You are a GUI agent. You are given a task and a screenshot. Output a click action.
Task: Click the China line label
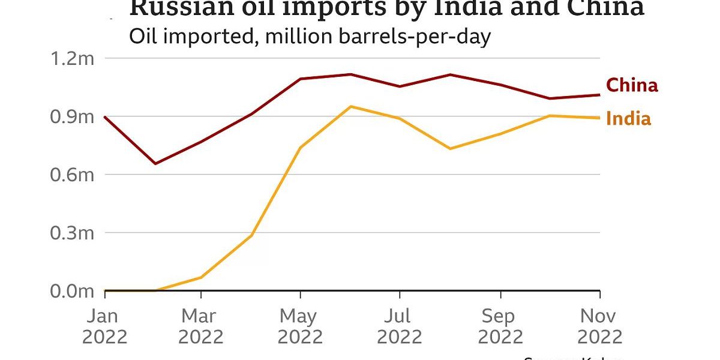[x=632, y=85]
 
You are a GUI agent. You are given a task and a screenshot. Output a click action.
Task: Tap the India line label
[x=628, y=119]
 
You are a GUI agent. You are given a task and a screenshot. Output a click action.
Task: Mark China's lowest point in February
[x=155, y=163]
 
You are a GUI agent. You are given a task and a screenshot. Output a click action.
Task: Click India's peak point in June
[x=350, y=107]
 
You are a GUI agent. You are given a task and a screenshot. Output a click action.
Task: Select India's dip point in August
[x=450, y=148]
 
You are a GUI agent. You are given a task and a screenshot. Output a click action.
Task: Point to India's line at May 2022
[x=300, y=147]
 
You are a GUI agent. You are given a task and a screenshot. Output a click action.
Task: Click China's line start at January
[x=106, y=117]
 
